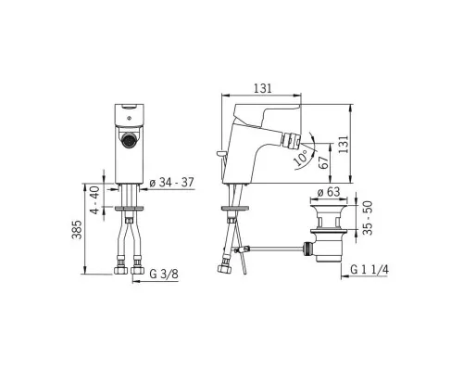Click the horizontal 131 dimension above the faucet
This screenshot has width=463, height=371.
[x=263, y=88]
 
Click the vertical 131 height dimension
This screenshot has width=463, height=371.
[x=344, y=144]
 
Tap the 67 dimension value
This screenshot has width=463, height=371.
[x=323, y=162]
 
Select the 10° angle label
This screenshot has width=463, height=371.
[x=301, y=157]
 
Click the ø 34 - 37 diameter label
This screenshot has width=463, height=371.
[x=171, y=183]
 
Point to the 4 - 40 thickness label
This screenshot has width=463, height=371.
[x=95, y=199]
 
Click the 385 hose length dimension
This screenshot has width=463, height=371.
[x=77, y=229]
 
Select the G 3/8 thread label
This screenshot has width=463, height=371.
[x=164, y=274]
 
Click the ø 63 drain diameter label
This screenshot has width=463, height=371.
[x=329, y=192]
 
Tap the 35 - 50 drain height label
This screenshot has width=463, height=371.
[x=368, y=218]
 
